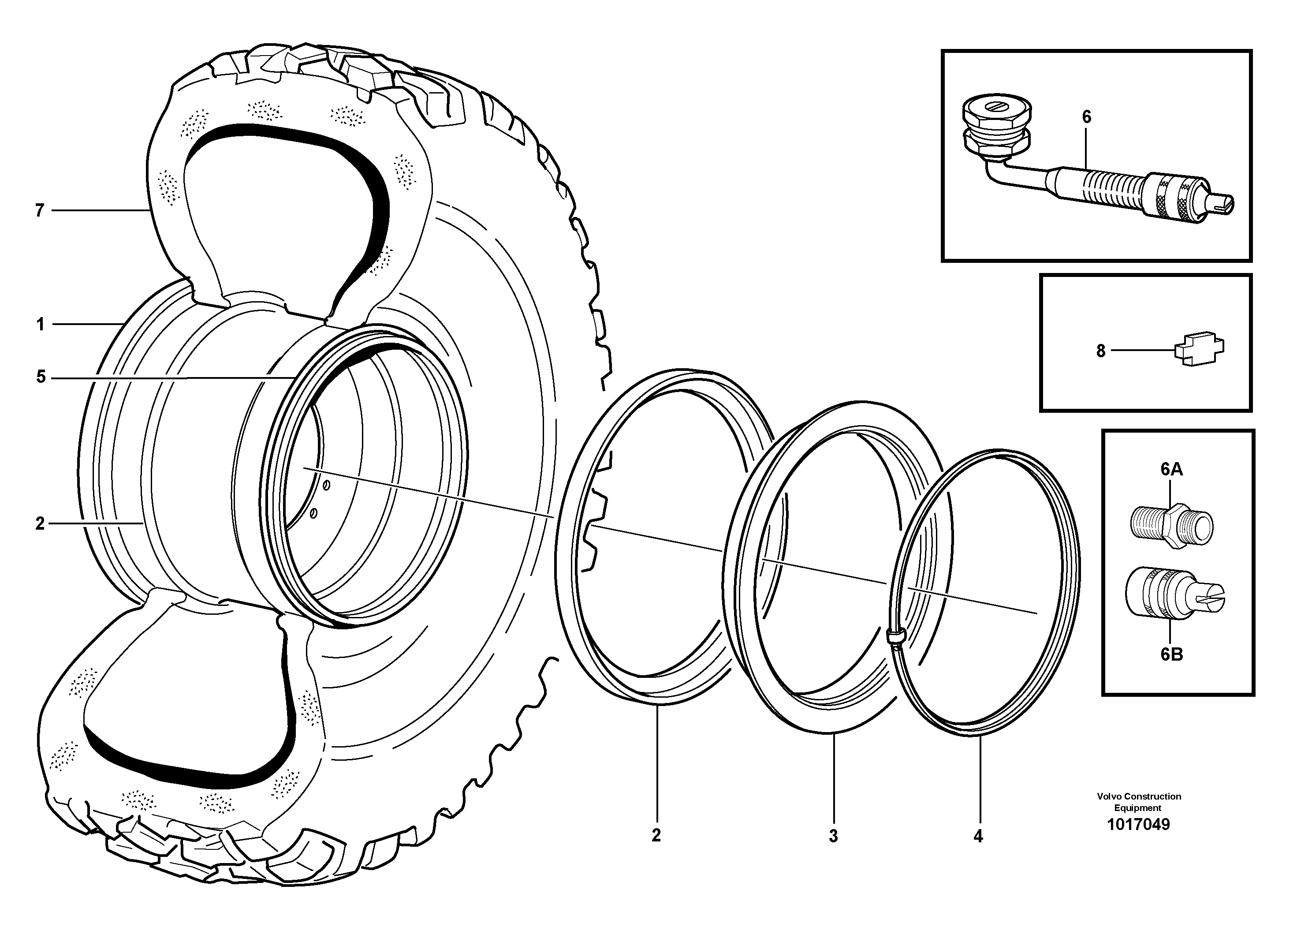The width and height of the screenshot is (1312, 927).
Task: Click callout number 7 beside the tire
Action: coord(39,211)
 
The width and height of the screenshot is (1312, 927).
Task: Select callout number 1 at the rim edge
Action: coord(40,325)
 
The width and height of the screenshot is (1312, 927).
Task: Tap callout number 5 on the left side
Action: coord(41,377)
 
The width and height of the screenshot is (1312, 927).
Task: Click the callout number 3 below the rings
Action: coord(833,836)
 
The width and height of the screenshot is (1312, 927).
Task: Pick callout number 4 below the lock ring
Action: coord(978,837)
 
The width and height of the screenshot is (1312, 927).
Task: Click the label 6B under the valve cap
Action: coord(1171,654)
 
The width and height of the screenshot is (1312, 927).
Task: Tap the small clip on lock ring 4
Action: coord(897,635)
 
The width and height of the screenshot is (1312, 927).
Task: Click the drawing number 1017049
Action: coord(1138,824)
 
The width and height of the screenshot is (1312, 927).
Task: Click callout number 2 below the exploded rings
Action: coord(656,835)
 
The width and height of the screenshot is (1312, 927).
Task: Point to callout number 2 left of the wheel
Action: coord(39,523)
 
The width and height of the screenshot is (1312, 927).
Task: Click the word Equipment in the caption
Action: coord(1138,807)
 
